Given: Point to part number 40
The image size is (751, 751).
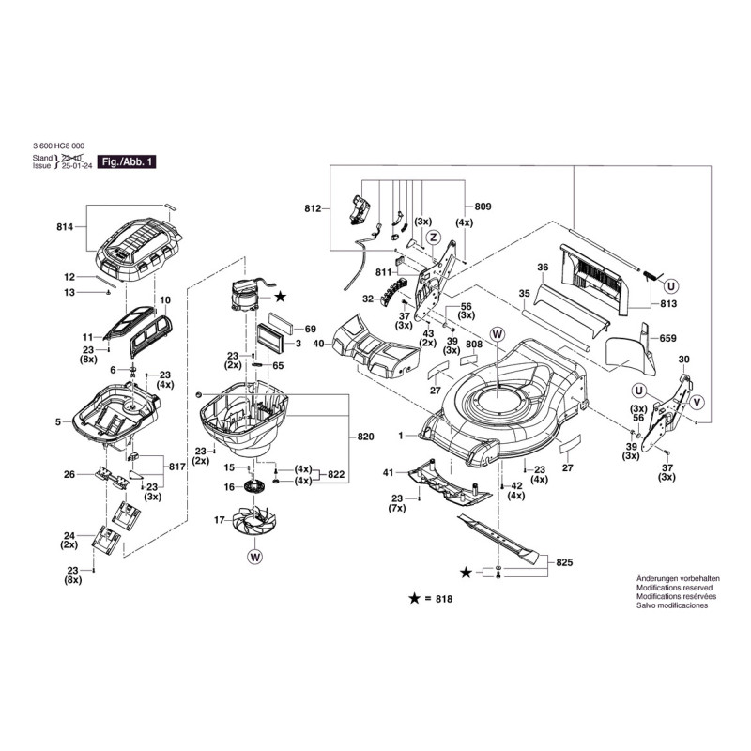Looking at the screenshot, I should tap(318, 344).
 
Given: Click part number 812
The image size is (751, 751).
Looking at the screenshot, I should tap(313, 207).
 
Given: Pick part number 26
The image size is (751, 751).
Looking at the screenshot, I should tap(69, 474).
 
